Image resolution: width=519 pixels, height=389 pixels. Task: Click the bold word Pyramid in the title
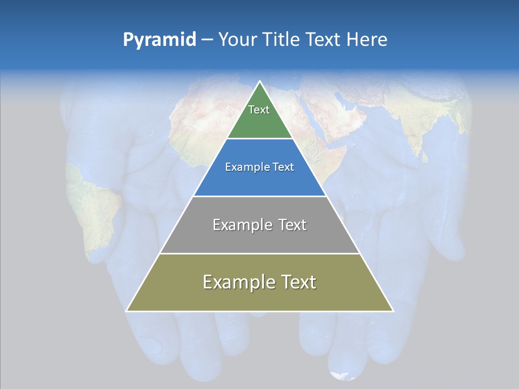coord(159,40)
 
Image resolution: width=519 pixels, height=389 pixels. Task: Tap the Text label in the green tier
coord(259,110)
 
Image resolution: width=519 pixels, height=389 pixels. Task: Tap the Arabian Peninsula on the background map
coord(346,113)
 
